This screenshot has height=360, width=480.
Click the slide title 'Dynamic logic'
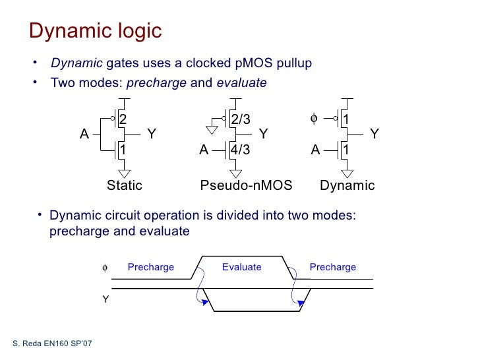pos(96,31)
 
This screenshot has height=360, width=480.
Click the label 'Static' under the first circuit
pos(125,185)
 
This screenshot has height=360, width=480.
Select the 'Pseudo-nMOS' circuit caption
pos(246,185)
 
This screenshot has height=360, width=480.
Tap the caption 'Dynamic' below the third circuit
pos(347,185)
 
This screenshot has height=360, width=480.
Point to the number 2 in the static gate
pos(122,119)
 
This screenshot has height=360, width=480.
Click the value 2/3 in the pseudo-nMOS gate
pos(241,119)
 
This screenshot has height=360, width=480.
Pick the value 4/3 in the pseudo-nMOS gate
pos(241,150)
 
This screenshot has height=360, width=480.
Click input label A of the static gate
pos(84,134)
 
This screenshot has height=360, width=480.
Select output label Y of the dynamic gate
pos(374,134)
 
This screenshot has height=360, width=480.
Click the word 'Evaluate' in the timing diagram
pos(241,267)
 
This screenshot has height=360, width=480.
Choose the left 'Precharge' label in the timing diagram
pos(151,267)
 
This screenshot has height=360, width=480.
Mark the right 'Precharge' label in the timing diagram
pos(332,267)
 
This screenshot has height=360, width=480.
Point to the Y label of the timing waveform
pos(104,299)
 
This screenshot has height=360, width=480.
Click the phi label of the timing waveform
pos(104,268)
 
